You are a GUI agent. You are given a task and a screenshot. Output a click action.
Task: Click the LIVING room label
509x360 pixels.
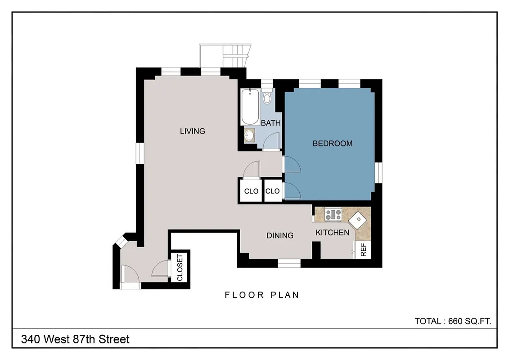[x=192, y=131]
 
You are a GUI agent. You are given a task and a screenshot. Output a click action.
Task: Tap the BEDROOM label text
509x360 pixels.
[x=332, y=144]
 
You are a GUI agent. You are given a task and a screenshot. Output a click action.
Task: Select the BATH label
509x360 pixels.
[x=270, y=123]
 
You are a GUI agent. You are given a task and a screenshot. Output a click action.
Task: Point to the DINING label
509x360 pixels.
[x=279, y=235]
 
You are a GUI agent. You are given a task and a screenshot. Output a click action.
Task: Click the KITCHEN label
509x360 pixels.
[x=332, y=233]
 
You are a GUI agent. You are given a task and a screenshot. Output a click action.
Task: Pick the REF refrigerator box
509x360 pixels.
[x=363, y=250]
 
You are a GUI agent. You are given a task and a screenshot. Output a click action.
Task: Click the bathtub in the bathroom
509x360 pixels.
[x=250, y=107]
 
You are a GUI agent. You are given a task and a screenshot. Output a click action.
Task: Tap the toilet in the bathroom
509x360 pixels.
[x=267, y=96]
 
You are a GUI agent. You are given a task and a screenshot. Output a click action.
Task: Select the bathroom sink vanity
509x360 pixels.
[x=250, y=135]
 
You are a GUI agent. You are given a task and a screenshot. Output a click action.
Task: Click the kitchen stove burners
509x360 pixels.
[x=333, y=214]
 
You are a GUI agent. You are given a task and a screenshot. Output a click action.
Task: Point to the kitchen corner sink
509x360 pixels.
[x=359, y=221]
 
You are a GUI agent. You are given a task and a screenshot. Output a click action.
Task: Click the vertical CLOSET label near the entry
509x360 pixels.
[x=180, y=268]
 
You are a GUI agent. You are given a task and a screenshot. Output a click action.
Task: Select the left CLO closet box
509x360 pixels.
[x=251, y=191]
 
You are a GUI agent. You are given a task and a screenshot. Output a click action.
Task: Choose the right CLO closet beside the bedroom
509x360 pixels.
[x=272, y=191]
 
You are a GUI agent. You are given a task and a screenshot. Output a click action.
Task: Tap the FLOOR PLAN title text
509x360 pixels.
[x=262, y=295]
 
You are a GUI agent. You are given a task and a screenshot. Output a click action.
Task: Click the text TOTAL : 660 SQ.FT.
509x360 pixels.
[x=452, y=321]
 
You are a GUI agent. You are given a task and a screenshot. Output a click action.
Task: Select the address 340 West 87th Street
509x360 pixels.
[x=75, y=339]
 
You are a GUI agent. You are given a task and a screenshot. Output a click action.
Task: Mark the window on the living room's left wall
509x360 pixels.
[x=140, y=153]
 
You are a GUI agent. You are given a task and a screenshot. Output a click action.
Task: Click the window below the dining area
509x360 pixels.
[x=288, y=264]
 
